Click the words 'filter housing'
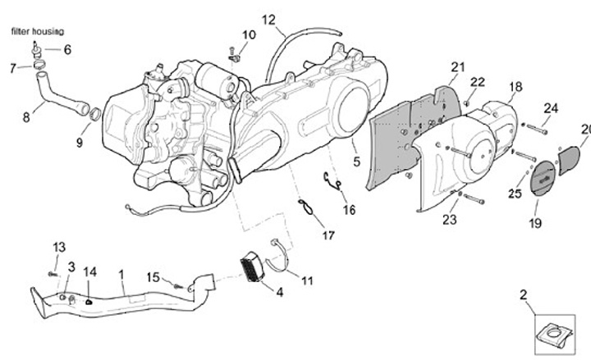pos(37,31)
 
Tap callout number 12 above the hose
pos(268,20)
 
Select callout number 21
pos(458,67)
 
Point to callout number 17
pos(328,235)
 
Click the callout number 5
pos(356,162)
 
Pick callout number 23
pos(450,219)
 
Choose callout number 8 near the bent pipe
pos(26,117)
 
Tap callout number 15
pos(153,277)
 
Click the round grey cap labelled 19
pos(543,177)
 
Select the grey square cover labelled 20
pos(569,161)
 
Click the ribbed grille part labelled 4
pos(252,267)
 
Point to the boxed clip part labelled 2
pos(554,334)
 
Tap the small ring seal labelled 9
pos(95,114)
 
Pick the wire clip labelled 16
pos(332,180)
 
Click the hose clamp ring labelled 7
pos(39,65)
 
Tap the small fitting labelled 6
pos(37,49)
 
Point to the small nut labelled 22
pos(466,103)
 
